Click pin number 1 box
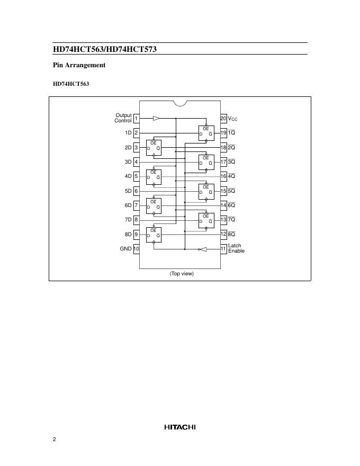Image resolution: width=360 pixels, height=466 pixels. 136,118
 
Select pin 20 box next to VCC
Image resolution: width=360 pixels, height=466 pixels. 223,118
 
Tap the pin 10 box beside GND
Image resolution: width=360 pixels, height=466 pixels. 136,248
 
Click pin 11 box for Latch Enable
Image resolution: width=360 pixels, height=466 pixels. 223,248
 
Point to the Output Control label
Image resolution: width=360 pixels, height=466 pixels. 123,118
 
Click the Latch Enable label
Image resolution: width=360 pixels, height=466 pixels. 236,248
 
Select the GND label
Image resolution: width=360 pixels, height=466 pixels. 125,248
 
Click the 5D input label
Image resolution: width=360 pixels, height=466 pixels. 128,191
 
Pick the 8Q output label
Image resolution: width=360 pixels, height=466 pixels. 231,234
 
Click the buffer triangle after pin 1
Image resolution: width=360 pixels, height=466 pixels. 156,118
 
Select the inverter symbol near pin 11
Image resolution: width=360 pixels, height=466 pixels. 201,249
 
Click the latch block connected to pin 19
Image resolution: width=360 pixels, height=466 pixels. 206,133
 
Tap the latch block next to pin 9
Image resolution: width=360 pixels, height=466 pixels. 154,234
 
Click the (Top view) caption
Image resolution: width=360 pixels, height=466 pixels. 182,274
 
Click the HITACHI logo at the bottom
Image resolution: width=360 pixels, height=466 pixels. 180,427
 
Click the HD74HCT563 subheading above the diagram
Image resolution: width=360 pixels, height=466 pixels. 70,84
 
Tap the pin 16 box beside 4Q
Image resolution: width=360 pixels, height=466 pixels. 223,176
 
